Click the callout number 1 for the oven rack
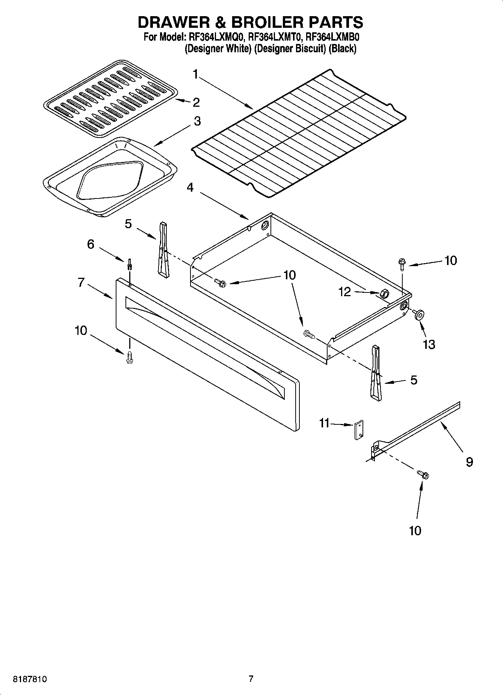coord(195,74)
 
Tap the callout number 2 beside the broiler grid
coord(196,102)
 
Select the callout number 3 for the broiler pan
coord(197,121)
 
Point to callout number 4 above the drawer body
coord(190,187)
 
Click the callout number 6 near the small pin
coord(91,244)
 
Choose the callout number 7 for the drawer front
coord(81,283)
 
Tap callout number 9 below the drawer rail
coord(469,462)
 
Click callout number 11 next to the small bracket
coord(324,423)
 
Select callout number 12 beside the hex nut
coord(344,292)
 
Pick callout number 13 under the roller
coord(429,344)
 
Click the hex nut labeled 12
coord(384,294)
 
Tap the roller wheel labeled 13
coord(418,314)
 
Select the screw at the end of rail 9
coord(424,474)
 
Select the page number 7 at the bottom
coord(251,679)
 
